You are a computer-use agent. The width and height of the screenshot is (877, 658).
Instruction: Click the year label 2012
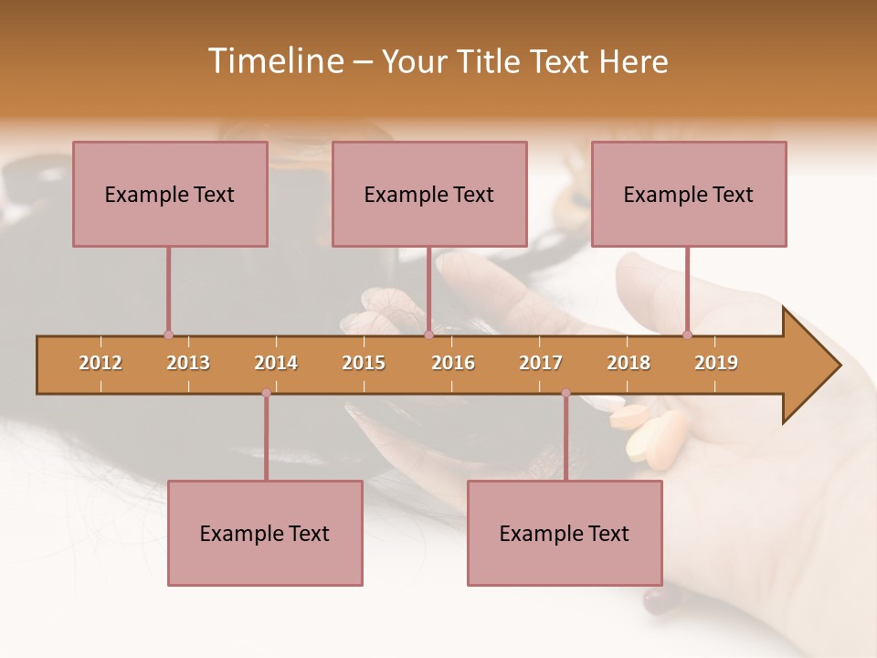(100, 363)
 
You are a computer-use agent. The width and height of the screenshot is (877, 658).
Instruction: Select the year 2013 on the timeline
(188, 363)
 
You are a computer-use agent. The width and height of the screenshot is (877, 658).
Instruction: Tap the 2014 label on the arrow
(276, 363)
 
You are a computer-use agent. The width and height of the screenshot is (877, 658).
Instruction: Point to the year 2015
(364, 363)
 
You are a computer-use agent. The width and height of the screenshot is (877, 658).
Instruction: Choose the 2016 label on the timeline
(453, 363)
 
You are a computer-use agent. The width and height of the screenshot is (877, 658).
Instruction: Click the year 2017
(541, 363)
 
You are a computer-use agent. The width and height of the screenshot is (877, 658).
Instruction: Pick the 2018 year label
(629, 363)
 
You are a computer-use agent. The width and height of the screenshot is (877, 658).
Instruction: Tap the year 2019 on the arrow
(716, 363)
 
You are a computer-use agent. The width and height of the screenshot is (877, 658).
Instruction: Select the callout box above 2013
(170, 194)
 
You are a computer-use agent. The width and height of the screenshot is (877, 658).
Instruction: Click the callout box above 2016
(429, 194)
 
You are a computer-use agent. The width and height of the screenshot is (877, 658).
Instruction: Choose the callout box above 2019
(689, 194)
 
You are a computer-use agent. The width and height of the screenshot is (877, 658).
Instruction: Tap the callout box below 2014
(265, 533)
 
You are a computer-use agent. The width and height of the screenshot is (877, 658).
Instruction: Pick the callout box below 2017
(565, 533)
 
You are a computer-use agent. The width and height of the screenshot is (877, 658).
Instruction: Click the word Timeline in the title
(274, 61)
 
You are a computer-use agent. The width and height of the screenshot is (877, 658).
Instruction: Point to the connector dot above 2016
(428, 335)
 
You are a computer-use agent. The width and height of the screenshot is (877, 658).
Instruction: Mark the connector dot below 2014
(266, 393)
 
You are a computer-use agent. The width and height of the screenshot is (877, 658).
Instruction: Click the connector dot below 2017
(565, 393)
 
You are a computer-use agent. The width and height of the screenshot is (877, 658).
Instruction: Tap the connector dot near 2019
(687, 335)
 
